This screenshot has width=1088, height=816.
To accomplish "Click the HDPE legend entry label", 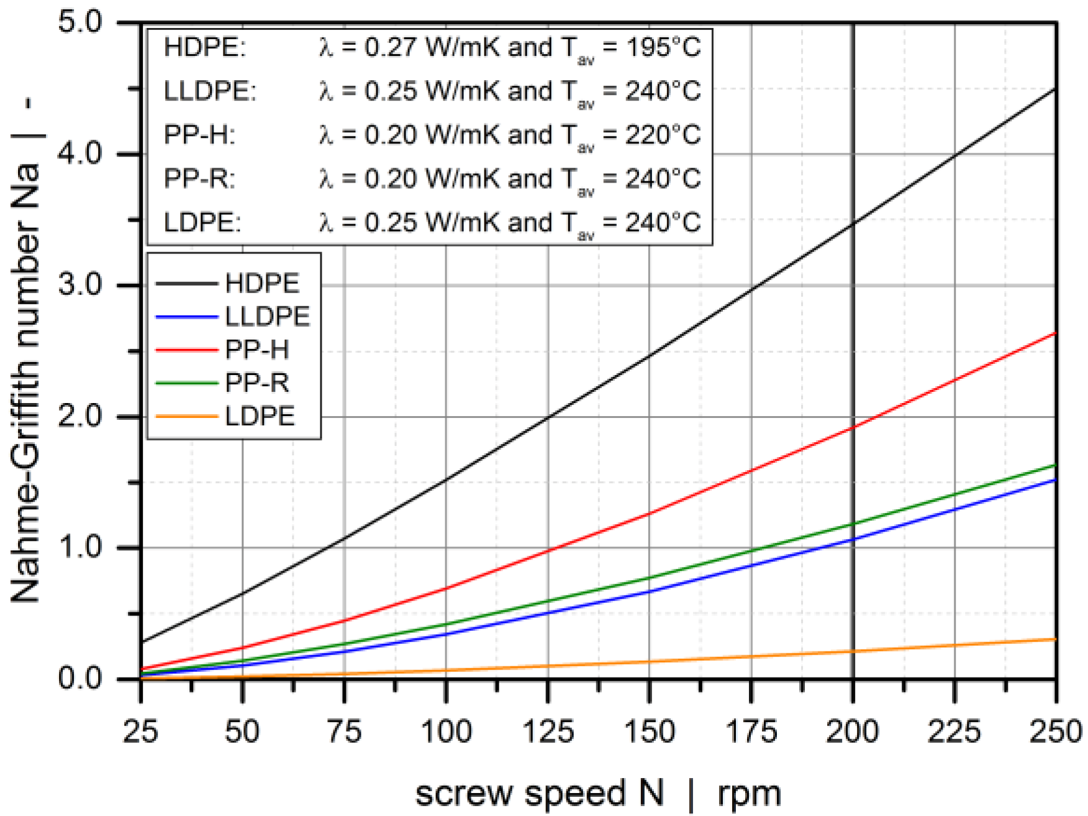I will pyautogui.click(x=262, y=284).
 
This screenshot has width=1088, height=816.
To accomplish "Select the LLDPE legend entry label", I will pyautogui.click(x=267, y=317).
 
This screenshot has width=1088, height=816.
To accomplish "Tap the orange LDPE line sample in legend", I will pyautogui.click(x=186, y=417).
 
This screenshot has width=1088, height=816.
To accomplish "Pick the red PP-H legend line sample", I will pyautogui.click(x=186, y=350).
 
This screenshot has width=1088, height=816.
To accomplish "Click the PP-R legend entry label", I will pyautogui.click(x=257, y=383).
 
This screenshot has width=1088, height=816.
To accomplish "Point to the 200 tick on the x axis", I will pyautogui.click(x=852, y=732).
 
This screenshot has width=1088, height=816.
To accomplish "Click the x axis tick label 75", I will pyautogui.click(x=344, y=732).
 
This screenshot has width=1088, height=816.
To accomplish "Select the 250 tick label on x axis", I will pyautogui.click(x=1055, y=732).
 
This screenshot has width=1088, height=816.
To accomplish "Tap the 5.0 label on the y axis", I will pyautogui.click(x=80, y=22).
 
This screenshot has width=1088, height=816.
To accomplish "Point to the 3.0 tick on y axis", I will pyautogui.click(x=80, y=285).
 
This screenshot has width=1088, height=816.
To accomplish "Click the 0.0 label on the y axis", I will pyautogui.click(x=80, y=678).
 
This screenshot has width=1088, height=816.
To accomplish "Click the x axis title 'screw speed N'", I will pyautogui.click(x=539, y=794).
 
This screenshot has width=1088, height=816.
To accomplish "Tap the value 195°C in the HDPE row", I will pyautogui.click(x=663, y=48).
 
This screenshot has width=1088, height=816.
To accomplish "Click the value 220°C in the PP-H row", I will pyautogui.click(x=663, y=135).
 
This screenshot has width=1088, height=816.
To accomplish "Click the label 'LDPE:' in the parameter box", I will pyautogui.click(x=202, y=223).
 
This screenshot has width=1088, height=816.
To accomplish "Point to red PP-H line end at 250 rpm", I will pyautogui.click(x=1055, y=333).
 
